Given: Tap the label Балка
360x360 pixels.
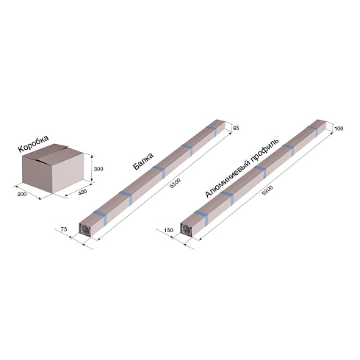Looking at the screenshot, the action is [143, 161].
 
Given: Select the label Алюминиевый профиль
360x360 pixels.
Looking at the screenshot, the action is [242, 168].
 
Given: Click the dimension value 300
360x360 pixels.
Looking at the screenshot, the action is [98, 169].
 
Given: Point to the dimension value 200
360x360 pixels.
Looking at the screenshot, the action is [22, 195].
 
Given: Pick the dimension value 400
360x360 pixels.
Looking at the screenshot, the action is [82, 192].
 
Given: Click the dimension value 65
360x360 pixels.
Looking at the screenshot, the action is [236, 128].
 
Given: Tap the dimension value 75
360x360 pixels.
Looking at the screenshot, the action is [64, 229].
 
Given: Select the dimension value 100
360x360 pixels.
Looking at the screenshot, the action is [339, 129].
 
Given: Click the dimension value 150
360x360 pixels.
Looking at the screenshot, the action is [169, 230].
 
